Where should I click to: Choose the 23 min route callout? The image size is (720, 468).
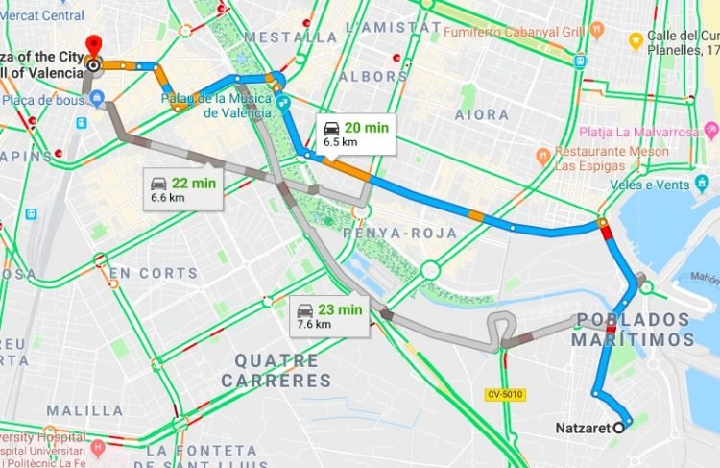328,315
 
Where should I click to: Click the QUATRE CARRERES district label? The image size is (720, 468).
270,371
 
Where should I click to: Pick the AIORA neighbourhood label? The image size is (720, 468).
481,114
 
